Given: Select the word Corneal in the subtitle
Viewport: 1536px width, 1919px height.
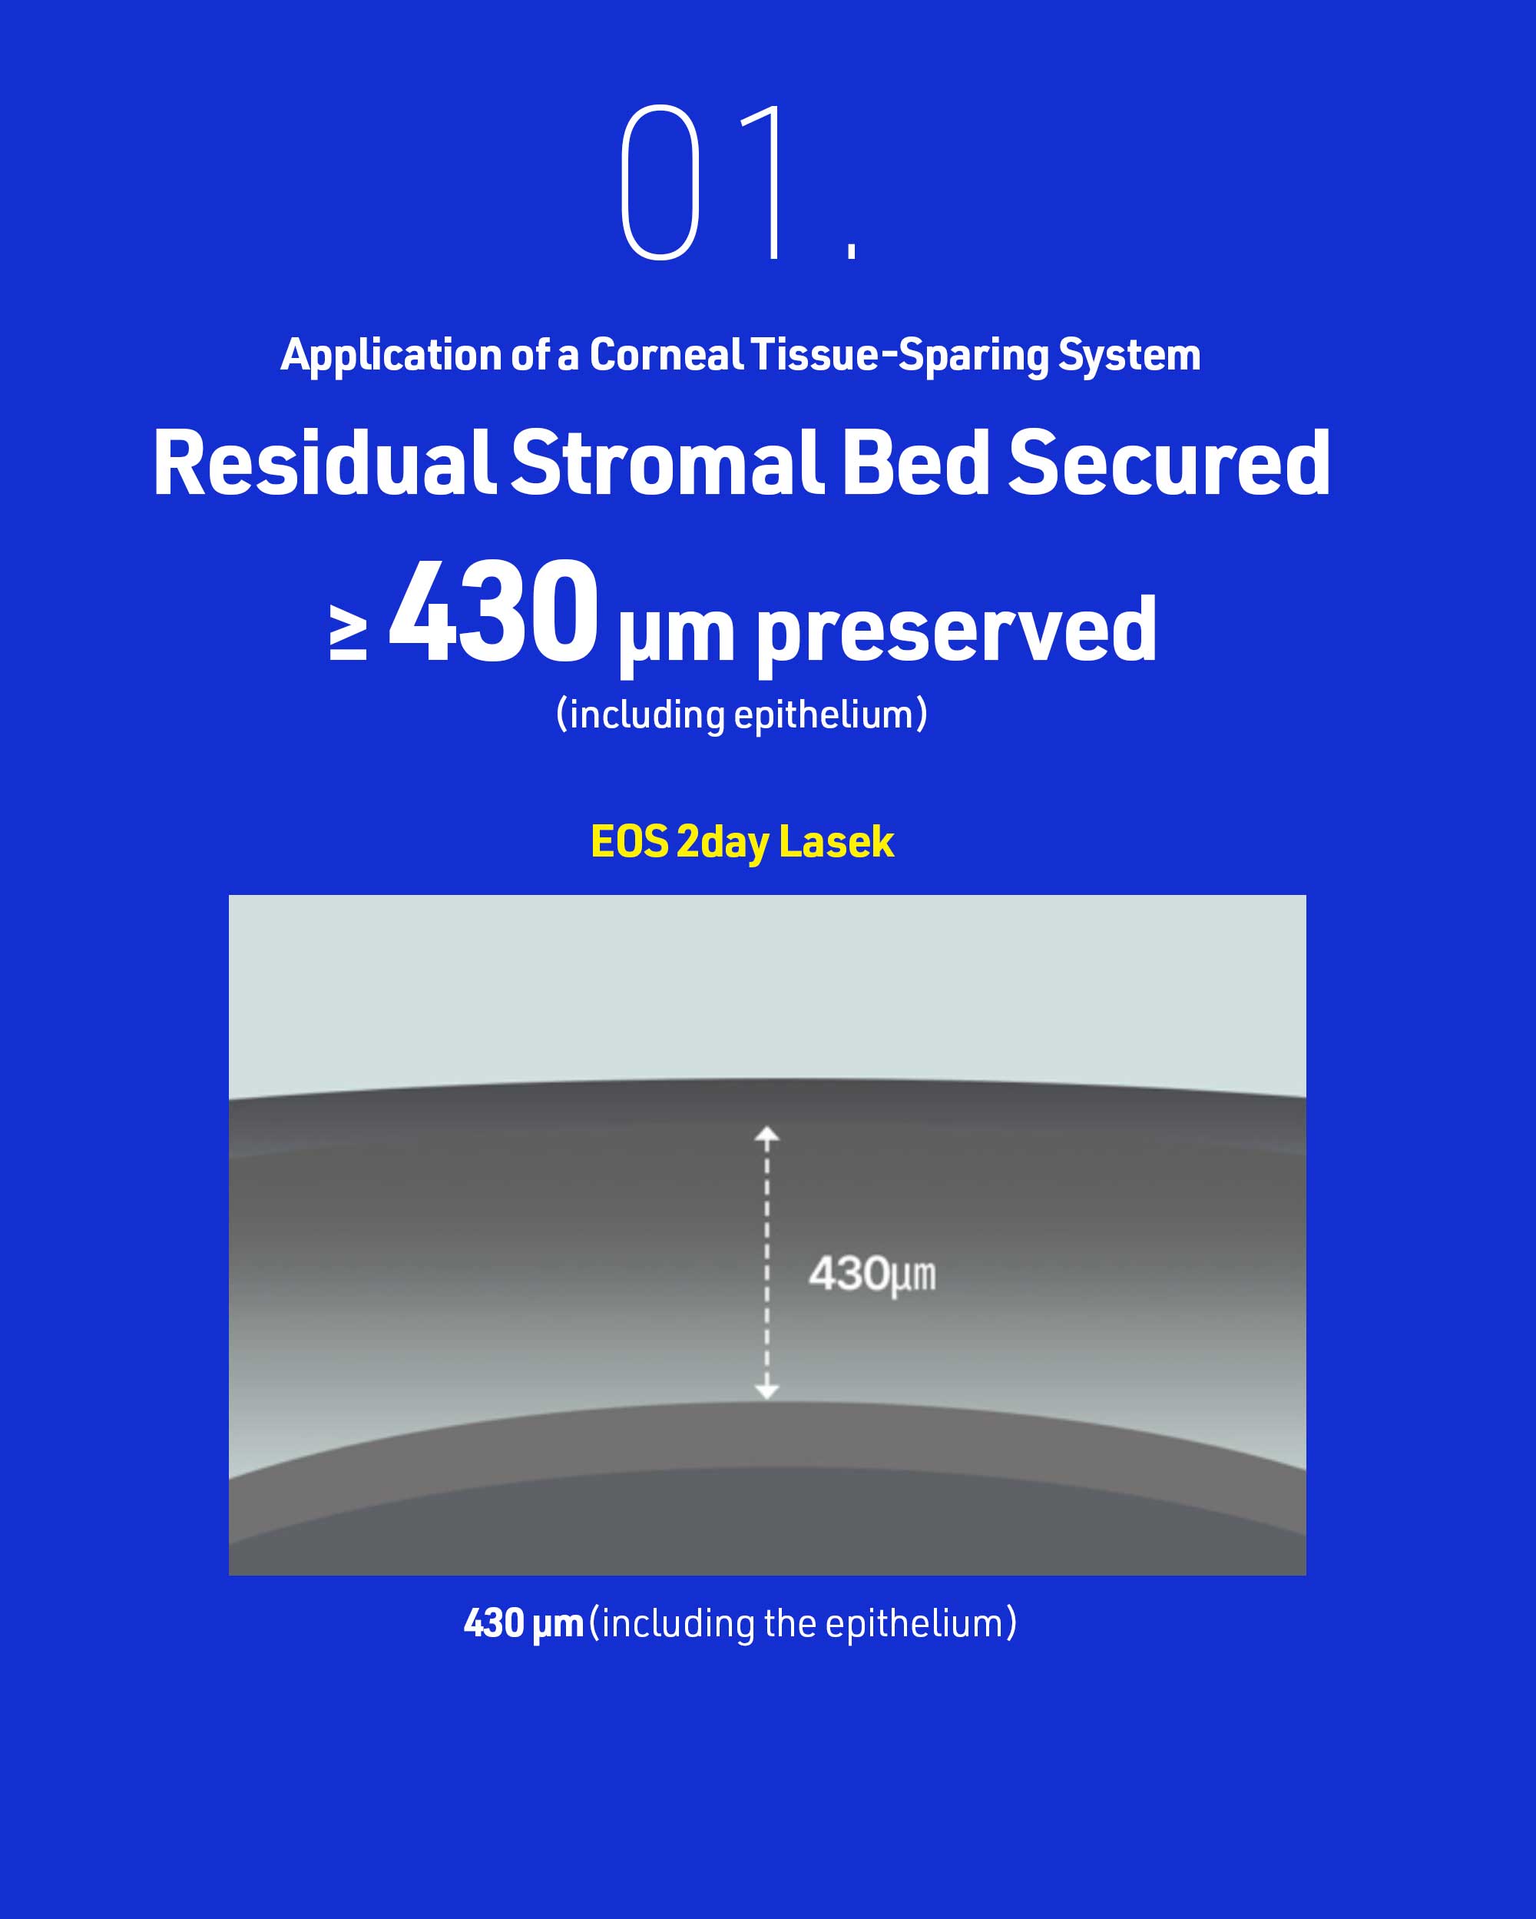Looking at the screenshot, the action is pos(666,354).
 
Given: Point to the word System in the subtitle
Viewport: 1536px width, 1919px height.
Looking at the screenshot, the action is pos(1129,356).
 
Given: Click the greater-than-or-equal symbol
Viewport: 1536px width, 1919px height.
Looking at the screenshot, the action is pos(348,633).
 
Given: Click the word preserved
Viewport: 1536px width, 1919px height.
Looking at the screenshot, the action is pos(957,630).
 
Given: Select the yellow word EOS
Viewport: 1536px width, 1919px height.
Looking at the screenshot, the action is pos(629,841).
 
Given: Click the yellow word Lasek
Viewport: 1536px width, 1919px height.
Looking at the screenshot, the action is pos(836,841).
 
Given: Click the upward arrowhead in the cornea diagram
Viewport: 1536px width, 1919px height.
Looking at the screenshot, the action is pos(767,1134).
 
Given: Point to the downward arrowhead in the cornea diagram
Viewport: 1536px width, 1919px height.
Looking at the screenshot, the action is pos(767,1390).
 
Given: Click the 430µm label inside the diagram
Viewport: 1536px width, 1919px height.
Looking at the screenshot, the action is pos(872,1274).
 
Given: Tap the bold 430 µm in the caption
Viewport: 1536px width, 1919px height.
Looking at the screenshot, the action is pos(523,1622).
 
